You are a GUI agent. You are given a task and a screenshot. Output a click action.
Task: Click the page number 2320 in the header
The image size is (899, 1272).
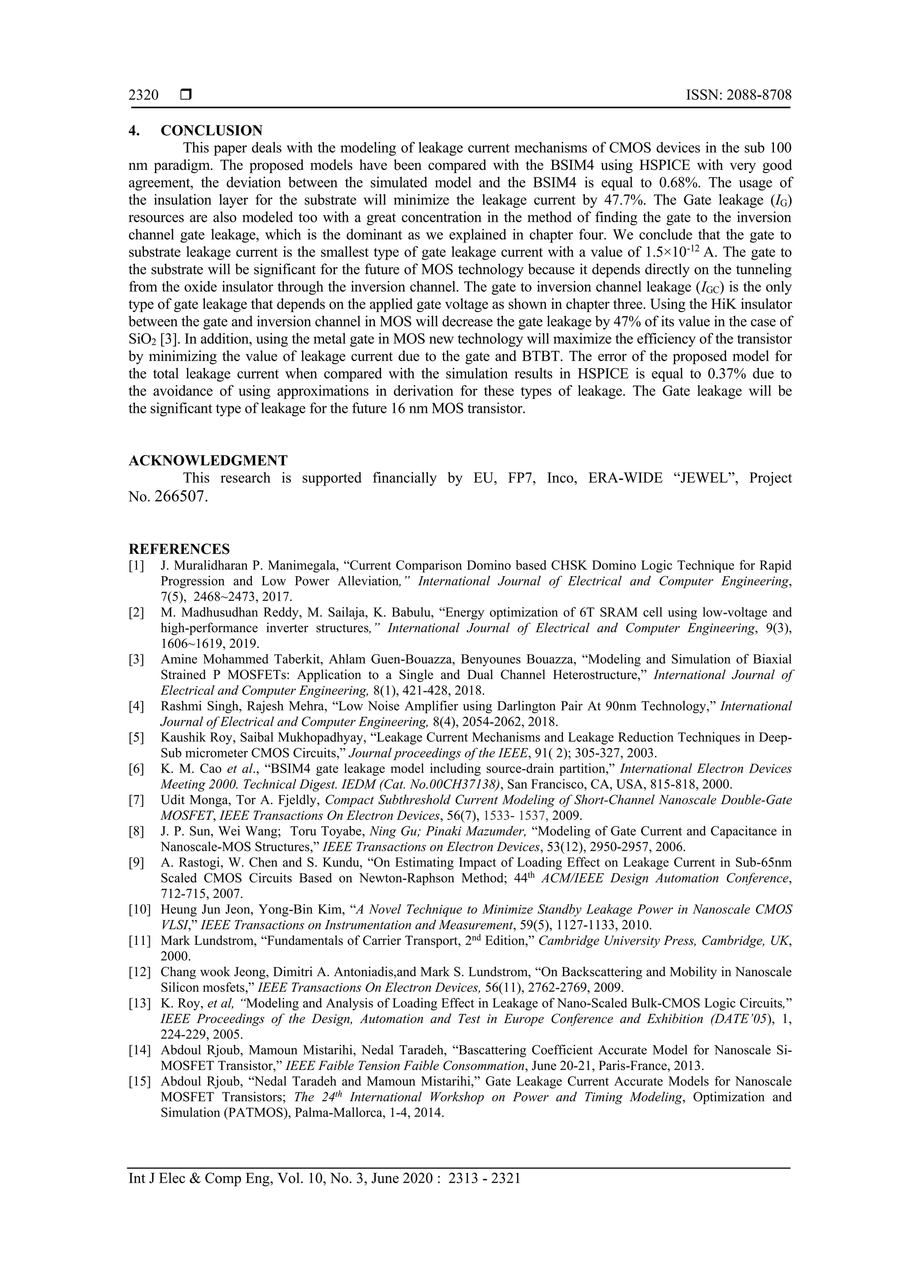(144, 95)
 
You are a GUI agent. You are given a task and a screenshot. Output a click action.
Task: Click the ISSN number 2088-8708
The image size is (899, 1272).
(759, 95)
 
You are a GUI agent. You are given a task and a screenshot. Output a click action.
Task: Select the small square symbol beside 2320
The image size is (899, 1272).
(185, 95)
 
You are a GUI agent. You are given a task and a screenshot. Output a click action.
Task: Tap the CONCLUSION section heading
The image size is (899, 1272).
(212, 131)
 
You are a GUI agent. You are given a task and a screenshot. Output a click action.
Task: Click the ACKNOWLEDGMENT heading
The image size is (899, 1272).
(208, 460)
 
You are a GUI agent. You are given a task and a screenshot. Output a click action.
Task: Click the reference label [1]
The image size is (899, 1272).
(136, 566)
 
